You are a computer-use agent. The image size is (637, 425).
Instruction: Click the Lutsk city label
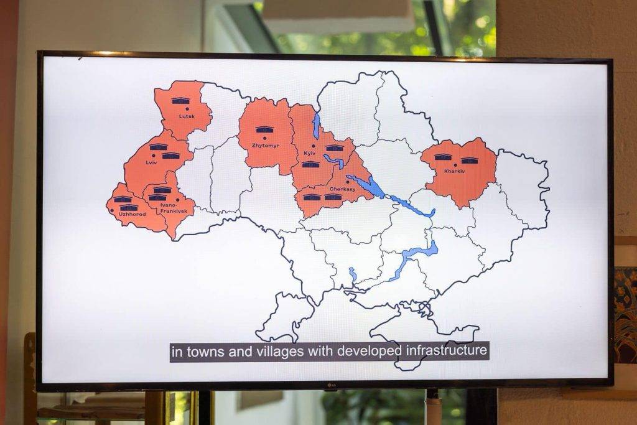click(187, 116)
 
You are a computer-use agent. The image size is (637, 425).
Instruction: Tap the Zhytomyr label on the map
click(264, 144)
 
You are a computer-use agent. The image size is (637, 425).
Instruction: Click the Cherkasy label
click(342, 189)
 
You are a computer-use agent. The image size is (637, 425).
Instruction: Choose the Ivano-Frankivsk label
click(169, 207)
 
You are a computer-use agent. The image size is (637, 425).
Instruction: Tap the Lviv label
click(152, 162)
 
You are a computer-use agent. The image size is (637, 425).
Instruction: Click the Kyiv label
click(309, 153)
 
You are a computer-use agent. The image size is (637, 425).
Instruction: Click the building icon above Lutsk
click(180, 100)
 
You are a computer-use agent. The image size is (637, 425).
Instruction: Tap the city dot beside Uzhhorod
click(111, 211)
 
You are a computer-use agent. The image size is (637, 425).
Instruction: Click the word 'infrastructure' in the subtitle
click(446, 351)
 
